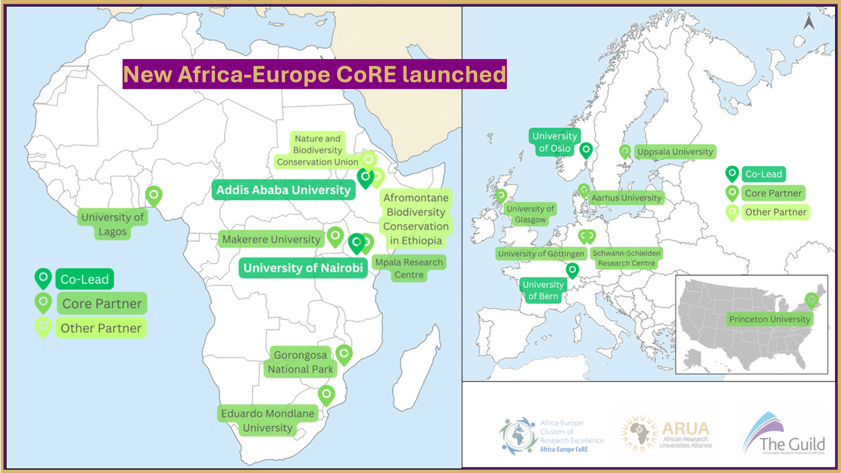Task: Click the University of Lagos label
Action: click(x=113, y=224)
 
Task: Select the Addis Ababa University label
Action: click(x=283, y=190)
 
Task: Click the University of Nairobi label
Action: click(x=303, y=268)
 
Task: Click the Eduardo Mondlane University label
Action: click(x=268, y=420)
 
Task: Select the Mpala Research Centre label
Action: click(x=409, y=268)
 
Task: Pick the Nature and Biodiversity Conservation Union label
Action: click(x=317, y=150)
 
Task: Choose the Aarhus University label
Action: click(x=626, y=198)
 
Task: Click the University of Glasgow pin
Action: click(x=501, y=196)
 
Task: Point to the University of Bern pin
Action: click(x=572, y=270)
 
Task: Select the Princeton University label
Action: click(x=770, y=319)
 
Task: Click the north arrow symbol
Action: click(x=809, y=22)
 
